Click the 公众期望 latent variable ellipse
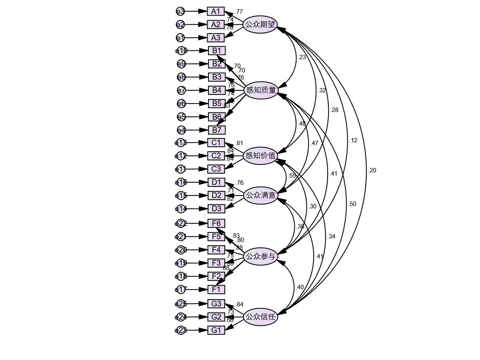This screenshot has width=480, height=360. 260,25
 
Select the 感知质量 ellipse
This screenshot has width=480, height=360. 261,90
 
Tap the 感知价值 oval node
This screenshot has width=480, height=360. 260,156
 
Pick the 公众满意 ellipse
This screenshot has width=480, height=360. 260,196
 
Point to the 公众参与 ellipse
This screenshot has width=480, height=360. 260,256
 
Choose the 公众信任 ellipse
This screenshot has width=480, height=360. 260,317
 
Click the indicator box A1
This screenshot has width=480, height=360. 216,12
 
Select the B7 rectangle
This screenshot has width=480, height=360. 217,130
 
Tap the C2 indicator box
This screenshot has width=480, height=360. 216,156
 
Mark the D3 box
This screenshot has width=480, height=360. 216,209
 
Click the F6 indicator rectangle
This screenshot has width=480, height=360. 216,223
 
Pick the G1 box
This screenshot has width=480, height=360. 216,330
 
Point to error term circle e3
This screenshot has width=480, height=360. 180,12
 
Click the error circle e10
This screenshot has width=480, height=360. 181,51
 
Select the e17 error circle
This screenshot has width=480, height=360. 180,290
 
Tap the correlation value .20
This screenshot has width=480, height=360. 372,170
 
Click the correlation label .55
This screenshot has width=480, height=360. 292,176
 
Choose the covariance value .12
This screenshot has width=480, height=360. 353,140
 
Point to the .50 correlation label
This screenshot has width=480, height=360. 352,204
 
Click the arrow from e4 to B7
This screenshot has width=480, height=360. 197,130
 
